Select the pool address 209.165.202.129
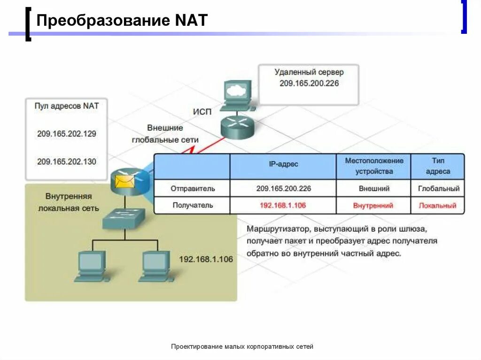pos(66,134)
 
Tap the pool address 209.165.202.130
pos(66,161)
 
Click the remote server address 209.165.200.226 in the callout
pos(309,83)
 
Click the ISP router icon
pos(237,126)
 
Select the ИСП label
pos(202,112)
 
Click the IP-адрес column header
pos(283,164)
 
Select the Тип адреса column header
pos(438,166)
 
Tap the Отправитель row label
pos(193,189)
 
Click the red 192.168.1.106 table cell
pos(283,205)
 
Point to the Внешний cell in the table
pos(374,189)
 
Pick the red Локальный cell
pos(438,205)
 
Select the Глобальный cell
pos(438,189)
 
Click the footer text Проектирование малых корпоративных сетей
pos(242,346)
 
